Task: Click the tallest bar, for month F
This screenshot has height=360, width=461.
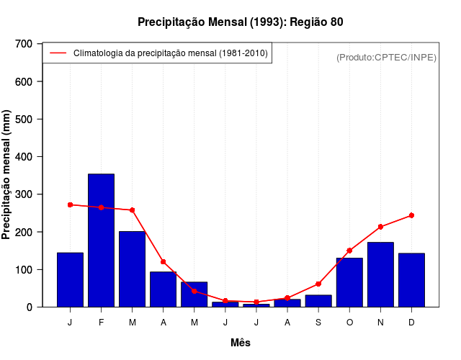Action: (x=101, y=240)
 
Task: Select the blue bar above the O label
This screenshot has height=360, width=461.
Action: (x=349, y=282)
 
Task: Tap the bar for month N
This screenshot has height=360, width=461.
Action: (x=380, y=274)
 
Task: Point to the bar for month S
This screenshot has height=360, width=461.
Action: (x=318, y=301)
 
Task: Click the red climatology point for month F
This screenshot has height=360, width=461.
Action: (x=101, y=207)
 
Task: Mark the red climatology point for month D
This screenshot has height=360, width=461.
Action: (x=411, y=215)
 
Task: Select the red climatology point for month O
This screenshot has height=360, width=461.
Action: (x=349, y=251)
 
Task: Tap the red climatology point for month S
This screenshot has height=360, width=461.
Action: (x=318, y=284)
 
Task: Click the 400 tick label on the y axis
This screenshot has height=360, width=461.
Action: (x=24, y=157)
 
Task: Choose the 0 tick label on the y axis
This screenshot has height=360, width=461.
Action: (x=30, y=307)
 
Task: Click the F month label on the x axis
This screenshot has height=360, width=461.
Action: (x=101, y=323)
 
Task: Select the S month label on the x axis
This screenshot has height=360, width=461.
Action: (x=318, y=323)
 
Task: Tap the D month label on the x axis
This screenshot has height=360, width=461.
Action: (x=411, y=323)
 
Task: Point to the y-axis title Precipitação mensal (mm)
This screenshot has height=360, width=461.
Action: (x=7, y=175)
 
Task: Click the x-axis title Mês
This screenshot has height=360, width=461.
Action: (x=241, y=343)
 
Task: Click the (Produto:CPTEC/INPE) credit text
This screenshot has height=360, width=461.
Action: (x=386, y=57)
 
